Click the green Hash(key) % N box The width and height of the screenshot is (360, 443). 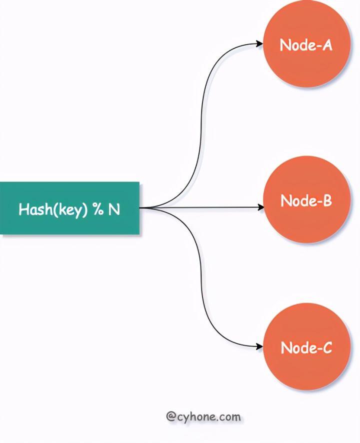click(69, 208)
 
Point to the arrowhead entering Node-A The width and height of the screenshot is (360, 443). click(260, 43)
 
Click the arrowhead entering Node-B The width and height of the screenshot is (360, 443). click(260, 206)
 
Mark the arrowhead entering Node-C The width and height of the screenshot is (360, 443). click(260, 346)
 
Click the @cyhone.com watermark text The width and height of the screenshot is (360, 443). click(203, 416)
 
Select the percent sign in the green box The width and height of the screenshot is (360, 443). click(97, 209)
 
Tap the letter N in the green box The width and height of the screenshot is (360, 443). click(114, 209)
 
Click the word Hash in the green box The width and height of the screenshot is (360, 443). click(30, 209)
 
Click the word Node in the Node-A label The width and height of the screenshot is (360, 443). click(294, 45)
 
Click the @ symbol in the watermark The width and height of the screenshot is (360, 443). click(170, 416)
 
